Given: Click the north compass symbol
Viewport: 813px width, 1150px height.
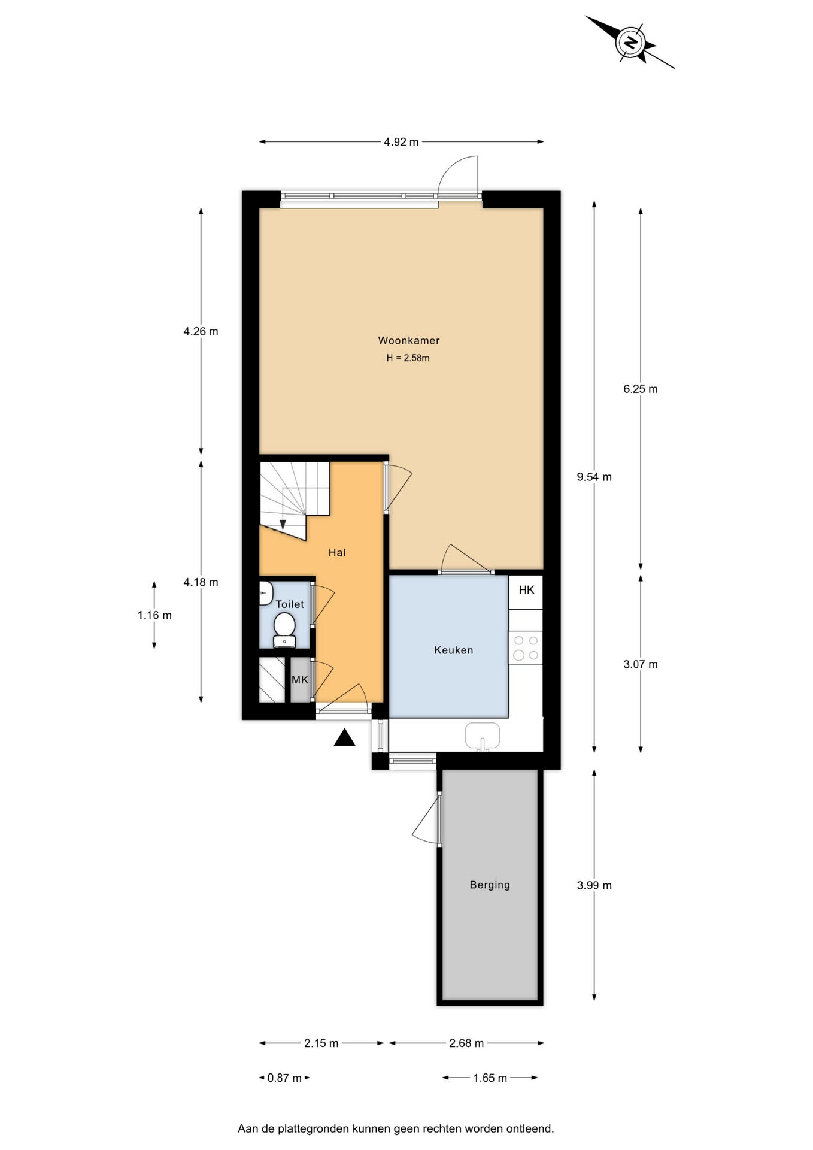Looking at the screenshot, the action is [x=629, y=43].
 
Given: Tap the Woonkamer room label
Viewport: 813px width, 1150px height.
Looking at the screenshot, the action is [x=409, y=340].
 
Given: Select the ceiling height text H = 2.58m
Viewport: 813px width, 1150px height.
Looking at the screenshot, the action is [x=408, y=358].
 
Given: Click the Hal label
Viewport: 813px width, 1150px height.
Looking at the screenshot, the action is [x=337, y=552].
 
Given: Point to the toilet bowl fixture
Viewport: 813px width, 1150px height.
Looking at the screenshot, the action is [x=284, y=630].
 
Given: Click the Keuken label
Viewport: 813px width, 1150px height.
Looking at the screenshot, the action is [x=454, y=650].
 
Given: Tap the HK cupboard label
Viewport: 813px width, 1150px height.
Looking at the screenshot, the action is [x=527, y=590].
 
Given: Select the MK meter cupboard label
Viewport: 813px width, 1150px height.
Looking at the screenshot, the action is [x=300, y=680].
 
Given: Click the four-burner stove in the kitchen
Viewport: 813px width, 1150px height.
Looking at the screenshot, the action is [x=526, y=647].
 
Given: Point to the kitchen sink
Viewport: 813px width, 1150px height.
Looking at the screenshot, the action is [x=483, y=736].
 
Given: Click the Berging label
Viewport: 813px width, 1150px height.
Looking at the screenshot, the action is [x=490, y=885].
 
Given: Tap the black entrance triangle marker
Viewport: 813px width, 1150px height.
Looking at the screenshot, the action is [x=344, y=737].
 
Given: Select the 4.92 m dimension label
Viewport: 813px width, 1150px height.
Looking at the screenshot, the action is [x=401, y=142].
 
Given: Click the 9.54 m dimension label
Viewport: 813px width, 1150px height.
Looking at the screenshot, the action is [x=594, y=477].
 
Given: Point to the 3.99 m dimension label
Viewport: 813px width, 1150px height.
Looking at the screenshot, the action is [x=594, y=885].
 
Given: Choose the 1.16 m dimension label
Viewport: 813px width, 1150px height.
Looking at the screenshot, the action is [x=154, y=615].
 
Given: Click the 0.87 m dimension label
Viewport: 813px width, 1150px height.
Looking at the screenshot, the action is [x=285, y=1078].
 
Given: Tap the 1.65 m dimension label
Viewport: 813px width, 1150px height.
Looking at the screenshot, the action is [x=490, y=1078].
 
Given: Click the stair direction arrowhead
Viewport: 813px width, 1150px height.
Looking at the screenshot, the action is [x=283, y=525].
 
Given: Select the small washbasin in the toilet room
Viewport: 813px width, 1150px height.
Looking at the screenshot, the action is [x=265, y=593].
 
